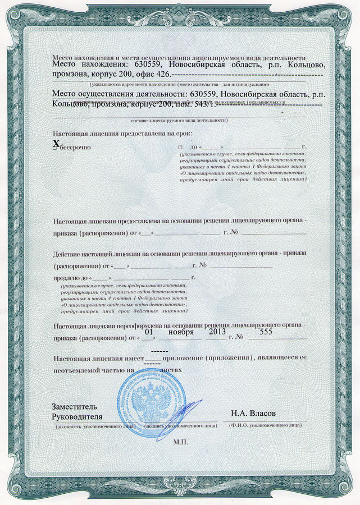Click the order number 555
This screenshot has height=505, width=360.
262,332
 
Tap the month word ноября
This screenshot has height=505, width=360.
181,332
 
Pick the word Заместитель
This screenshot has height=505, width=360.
74,406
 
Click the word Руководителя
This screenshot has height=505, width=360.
78,416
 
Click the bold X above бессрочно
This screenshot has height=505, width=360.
55,144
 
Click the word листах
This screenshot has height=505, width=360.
171,371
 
